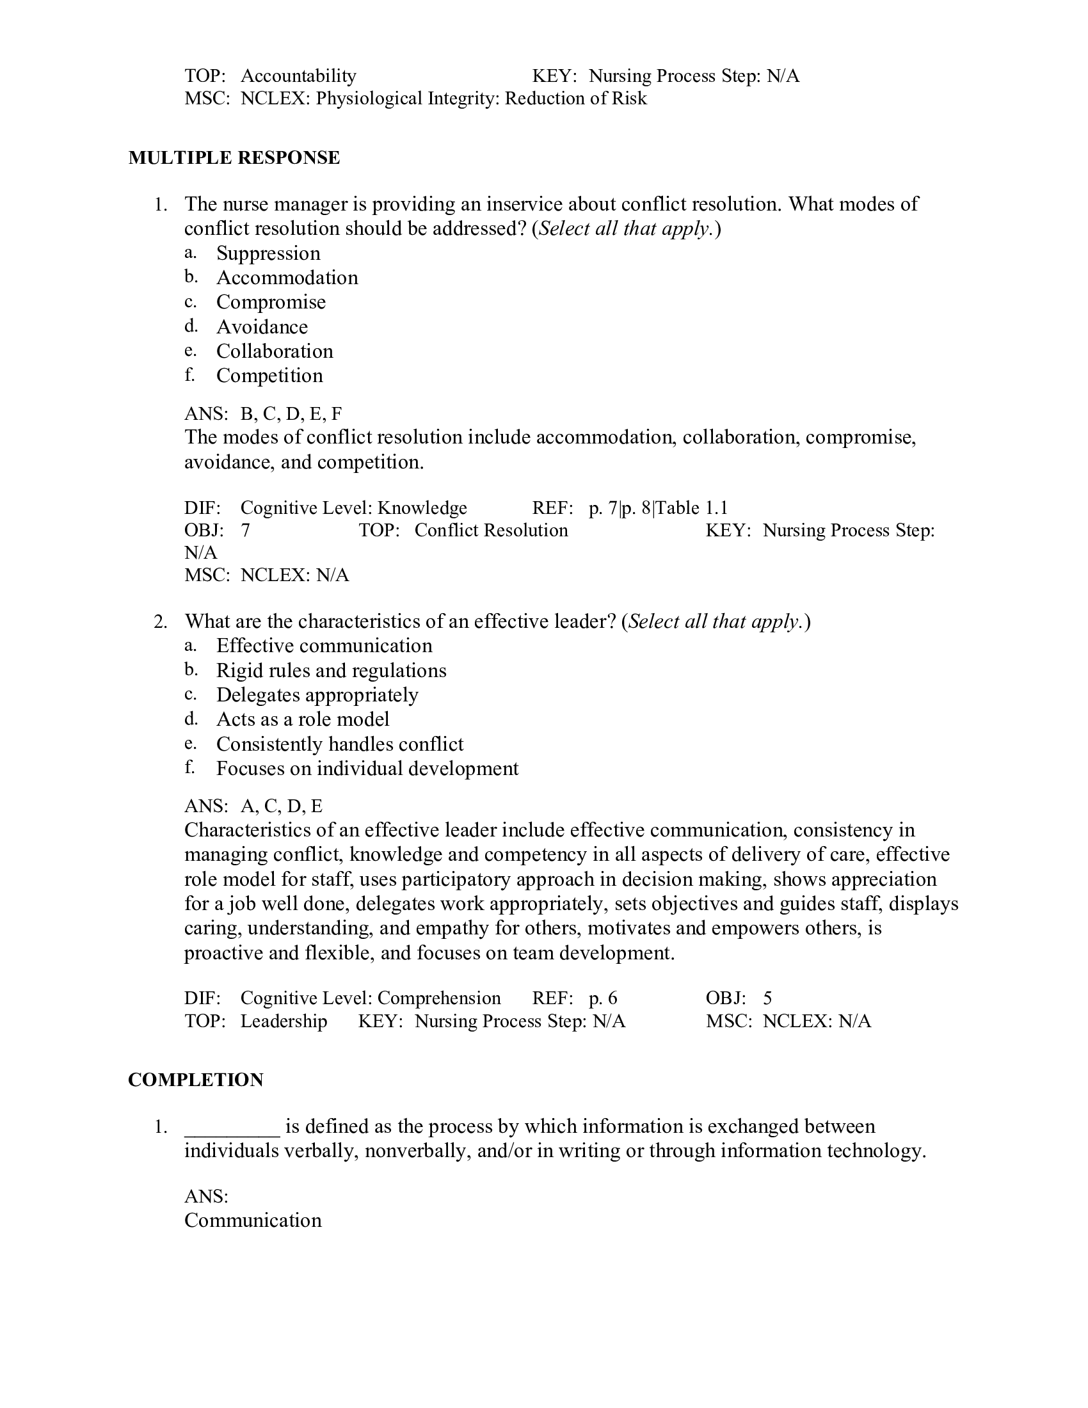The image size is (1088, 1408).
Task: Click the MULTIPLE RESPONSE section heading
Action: click(x=234, y=158)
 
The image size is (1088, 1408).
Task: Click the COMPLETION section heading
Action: click(x=195, y=1080)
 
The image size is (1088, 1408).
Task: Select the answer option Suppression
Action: click(x=268, y=253)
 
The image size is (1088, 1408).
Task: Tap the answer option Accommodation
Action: click(x=287, y=278)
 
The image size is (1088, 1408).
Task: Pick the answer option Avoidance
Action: click(x=262, y=327)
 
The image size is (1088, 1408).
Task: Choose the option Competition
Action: click(x=269, y=376)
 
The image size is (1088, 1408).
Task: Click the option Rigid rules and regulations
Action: click(x=331, y=671)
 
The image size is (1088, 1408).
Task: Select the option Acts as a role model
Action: click(x=302, y=719)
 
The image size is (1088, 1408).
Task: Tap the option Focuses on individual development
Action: click(x=367, y=769)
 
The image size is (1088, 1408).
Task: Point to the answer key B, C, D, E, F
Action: click(x=291, y=413)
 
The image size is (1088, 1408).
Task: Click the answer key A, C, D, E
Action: click(x=281, y=806)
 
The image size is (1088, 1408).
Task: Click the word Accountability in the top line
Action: click(x=298, y=76)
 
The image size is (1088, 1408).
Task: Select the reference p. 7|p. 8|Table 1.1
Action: click(x=658, y=508)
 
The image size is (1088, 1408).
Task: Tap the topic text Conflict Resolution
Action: click(x=491, y=531)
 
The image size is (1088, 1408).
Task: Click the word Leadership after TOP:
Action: click(x=284, y=1021)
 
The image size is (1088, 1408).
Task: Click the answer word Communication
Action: click(x=253, y=1220)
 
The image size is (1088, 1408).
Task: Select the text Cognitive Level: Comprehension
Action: click(x=370, y=998)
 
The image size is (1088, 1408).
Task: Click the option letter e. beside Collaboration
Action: click(x=189, y=351)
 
